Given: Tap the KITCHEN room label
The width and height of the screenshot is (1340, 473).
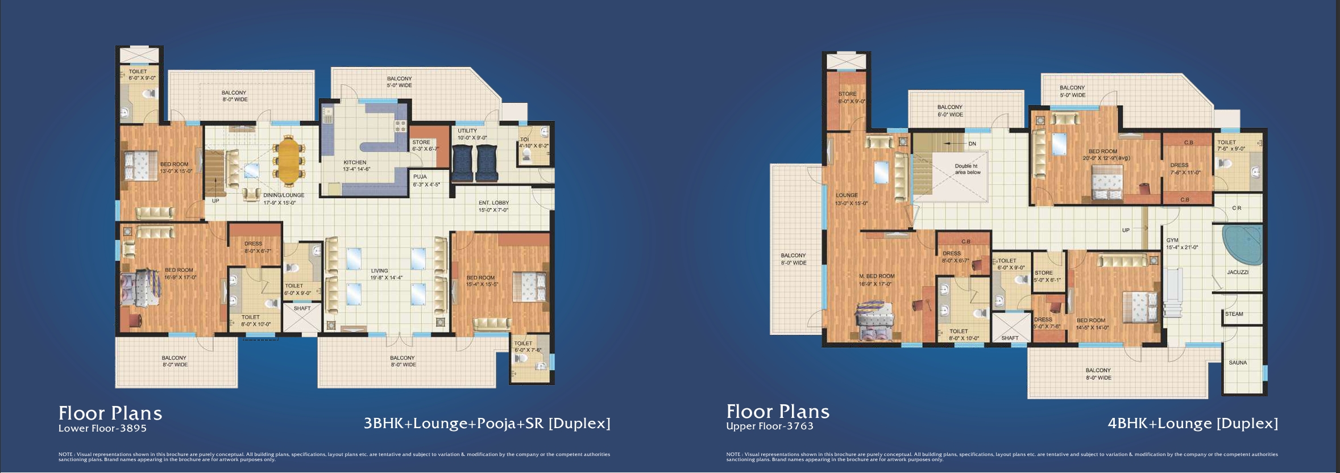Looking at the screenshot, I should [x=355, y=162].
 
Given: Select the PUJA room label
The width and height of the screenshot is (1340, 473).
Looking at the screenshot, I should [x=420, y=177].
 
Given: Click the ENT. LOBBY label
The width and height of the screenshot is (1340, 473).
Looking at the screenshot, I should [x=493, y=203].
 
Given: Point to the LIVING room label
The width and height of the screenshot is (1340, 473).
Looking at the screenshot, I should [x=380, y=271].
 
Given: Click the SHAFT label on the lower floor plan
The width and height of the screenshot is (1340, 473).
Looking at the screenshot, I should [x=302, y=308].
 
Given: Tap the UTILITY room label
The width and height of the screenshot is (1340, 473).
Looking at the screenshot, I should [x=467, y=131].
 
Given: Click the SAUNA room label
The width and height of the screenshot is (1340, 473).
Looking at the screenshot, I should [x=1238, y=362].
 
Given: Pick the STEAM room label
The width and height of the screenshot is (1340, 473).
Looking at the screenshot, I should [x=1234, y=314].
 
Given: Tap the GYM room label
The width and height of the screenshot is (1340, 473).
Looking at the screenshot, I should [x=1172, y=240].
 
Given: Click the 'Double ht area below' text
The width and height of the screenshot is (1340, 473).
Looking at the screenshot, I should [x=967, y=169].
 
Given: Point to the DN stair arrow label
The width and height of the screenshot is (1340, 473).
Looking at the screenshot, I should [x=972, y=144].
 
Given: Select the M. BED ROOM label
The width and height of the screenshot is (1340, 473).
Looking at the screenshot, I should [x=877, y=277].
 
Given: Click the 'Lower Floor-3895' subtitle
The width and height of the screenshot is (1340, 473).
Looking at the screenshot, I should [x=102, y=428].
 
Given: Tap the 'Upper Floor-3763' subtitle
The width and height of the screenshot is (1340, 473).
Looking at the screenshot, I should [x=770, y=426].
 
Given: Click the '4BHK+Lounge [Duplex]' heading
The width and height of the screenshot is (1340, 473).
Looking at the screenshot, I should [x=1193, y=424].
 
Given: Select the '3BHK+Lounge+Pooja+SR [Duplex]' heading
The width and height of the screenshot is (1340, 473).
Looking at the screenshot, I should [x=487, y=424].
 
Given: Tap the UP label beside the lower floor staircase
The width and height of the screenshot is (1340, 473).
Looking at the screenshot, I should [x=215, y=201].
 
